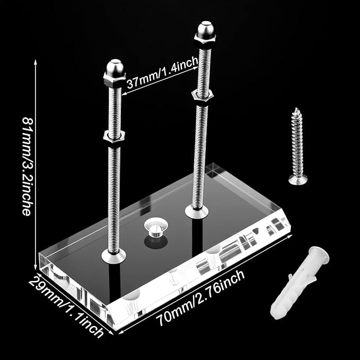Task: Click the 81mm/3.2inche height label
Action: click(27, 166)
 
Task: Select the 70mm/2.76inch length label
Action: click(200, 298)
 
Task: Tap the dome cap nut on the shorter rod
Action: click(115, 73)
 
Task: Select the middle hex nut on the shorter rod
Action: click(114, 136)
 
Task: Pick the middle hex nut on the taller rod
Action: click(203, 96)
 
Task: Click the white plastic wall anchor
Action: click(300, 283)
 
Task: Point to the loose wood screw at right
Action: click(298, 146)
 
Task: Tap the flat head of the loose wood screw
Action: click(298, 179)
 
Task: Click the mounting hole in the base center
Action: click(156, 228)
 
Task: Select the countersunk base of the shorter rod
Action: click(113, 256)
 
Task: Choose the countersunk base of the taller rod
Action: click(197, 212)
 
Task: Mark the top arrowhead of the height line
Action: click(36, 62)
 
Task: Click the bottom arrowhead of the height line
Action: click(36, 267)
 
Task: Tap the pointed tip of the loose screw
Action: click(297, 108)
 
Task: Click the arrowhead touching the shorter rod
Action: click(124, 93)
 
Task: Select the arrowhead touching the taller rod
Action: click(196, 68)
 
